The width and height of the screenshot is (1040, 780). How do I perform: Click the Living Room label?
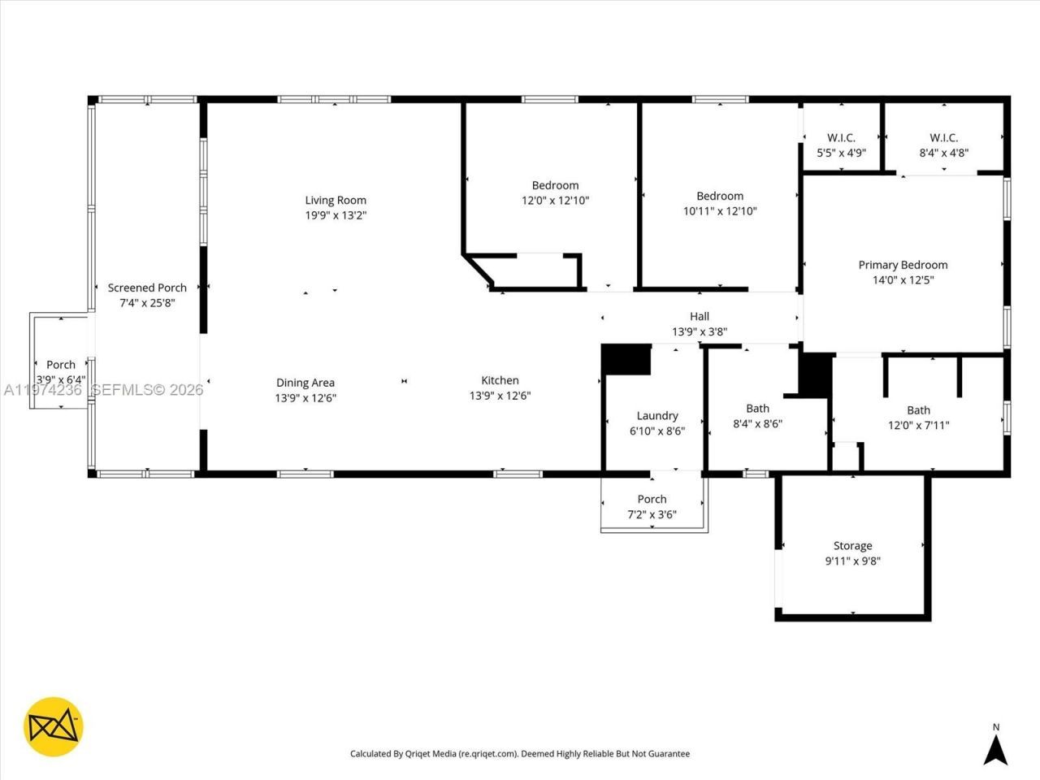click(336, 200)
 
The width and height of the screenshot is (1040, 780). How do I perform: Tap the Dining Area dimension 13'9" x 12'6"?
click(305, 398)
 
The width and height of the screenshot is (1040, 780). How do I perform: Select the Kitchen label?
click(500, 380)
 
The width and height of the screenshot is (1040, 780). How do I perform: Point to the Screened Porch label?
click(147, 288)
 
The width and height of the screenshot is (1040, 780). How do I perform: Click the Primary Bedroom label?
click(903, 265)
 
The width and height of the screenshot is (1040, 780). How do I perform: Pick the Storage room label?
click(852, 546)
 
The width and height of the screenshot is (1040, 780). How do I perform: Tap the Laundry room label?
click(656, 416)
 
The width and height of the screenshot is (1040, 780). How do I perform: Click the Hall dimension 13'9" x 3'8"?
click(699, 331)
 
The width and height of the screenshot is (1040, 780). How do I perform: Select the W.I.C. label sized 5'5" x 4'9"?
click(841, 138)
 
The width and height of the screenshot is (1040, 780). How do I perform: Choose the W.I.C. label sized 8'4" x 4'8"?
click(943, 138)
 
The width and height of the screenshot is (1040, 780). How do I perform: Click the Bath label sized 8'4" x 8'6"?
click(757, 409)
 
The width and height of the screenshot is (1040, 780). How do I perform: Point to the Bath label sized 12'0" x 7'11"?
click(918, 410)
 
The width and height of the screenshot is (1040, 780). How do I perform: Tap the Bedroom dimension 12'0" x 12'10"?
click(555, 200)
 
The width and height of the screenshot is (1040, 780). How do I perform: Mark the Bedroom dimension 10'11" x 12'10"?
click(720, 210)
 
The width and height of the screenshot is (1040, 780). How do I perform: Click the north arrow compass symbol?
click(995, 747)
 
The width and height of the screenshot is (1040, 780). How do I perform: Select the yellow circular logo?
click(54, 726)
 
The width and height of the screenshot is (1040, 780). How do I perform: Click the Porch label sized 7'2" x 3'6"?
click(652, 500)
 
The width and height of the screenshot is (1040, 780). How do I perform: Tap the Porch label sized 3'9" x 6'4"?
click(60, 365)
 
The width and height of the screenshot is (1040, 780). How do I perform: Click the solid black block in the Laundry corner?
click(626, 360)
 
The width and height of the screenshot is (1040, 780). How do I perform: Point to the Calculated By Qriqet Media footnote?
click(519, 754)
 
